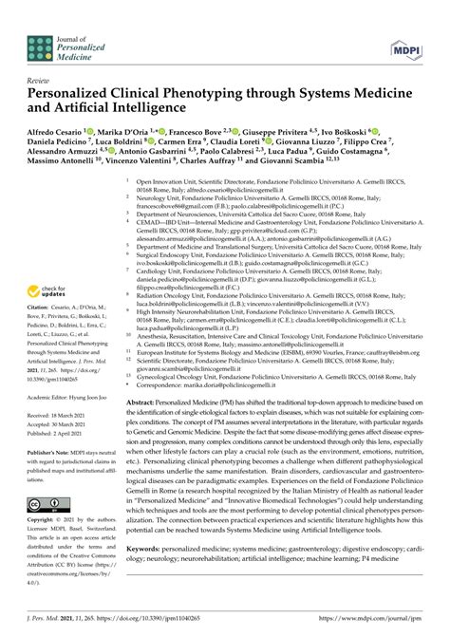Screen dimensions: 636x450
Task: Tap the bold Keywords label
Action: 161,548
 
